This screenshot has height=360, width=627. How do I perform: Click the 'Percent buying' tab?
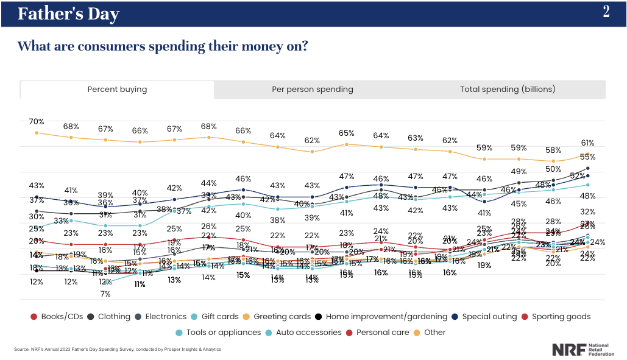click(117, 90)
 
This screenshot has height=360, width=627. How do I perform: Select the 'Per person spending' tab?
click(312, 90)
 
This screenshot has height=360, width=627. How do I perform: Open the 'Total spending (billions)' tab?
click(508, 90)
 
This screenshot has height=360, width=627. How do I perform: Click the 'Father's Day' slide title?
click(68, 14)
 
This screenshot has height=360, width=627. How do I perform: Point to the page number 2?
click(606, 12)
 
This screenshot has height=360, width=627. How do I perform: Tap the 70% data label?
click(37, 121)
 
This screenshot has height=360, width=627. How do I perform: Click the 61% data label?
click(587, 143)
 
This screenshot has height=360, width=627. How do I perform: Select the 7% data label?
click(105, 294)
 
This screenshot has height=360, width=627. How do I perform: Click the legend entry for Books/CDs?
click(58, 317)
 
